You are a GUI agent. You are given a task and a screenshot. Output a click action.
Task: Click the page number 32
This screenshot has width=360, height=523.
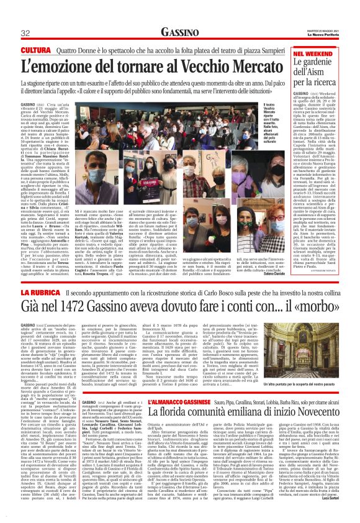click(25, 33)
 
